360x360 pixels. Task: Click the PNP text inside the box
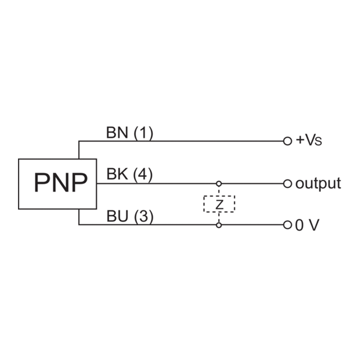click(x=58, y=184)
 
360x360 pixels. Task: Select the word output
click(x=318, y=184)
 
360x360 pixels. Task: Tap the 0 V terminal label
click(x=307, y=225)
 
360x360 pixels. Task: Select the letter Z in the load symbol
click(x=219, y=205)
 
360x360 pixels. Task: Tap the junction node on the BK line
click(x=219, y=184)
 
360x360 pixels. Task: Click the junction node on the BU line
click(x=219, y=225)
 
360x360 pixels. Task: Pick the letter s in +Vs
click(x=319, y=142)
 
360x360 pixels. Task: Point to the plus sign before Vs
click(x=299, y=140)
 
